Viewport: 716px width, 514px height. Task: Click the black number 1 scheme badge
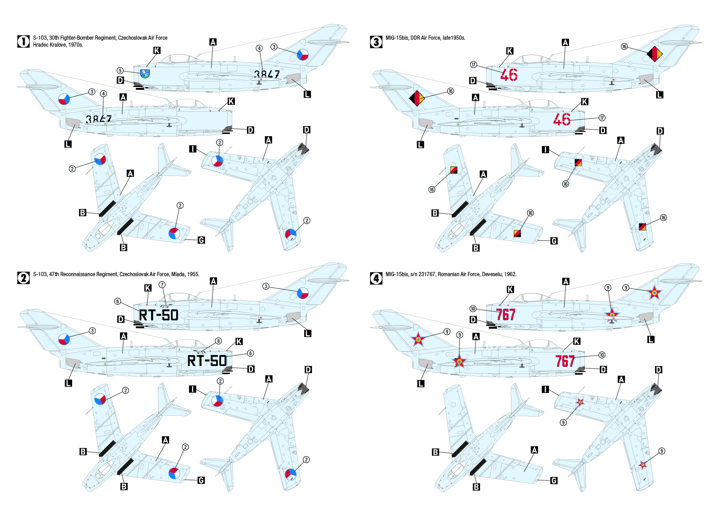click(x=23, y=41)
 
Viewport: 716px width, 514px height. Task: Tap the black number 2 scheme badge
click(x=23, y=278)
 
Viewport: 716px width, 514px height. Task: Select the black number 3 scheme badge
click(x=376, y=41)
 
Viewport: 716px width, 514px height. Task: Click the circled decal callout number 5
click(x=120, y=71)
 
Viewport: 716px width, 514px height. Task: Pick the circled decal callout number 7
click(x=162, y=285)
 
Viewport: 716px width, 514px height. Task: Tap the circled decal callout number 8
click(x=218, y=341)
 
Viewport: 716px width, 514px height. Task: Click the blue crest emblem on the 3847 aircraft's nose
click(x=145, y=73)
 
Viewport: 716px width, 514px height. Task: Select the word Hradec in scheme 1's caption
click(x=40, y=45)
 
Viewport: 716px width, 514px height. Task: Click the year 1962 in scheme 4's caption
click(x=511, y=274)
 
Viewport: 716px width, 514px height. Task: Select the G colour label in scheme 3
click(x=554, y=241)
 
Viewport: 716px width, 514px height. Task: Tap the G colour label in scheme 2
click(x=201, y=481)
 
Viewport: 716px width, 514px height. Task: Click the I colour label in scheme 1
click(x=193, y=149)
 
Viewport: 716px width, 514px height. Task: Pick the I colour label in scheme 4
click(x=545, y=389)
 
